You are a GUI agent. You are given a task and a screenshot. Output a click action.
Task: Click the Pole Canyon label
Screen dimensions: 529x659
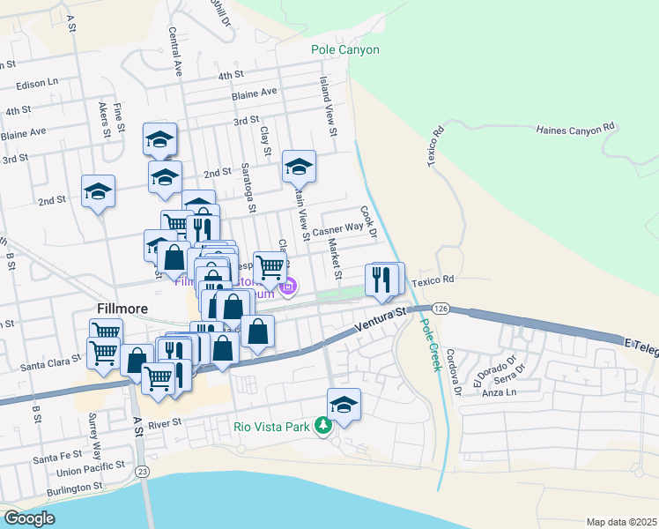[x=345, y=49]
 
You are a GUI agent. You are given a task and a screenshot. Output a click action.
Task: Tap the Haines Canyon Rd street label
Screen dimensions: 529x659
[x=574, y=130]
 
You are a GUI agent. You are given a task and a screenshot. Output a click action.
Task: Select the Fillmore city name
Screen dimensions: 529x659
[x=122, y=308]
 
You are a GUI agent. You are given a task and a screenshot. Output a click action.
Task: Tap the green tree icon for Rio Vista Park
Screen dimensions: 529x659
[x=323, y=427]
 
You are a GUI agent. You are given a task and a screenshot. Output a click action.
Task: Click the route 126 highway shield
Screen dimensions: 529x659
[x=441, y=308]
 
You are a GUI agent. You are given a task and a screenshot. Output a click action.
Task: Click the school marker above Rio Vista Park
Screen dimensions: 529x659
[x=344, y=405]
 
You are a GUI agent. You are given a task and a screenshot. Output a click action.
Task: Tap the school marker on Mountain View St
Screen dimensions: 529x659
[x=299, y=167]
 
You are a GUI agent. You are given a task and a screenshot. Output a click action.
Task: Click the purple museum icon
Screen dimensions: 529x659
[x=288, y=287]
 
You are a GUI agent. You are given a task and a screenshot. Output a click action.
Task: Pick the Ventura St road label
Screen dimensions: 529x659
[x=380, y=319]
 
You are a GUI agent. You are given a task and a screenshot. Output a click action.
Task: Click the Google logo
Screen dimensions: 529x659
[x=29, y=518]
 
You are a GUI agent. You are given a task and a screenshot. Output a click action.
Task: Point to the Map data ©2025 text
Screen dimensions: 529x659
[x=620, y=522]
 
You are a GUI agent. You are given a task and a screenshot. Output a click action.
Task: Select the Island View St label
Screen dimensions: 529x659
[x=329, y=106]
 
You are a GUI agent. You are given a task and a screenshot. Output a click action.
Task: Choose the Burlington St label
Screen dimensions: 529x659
[x=75, y=488]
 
